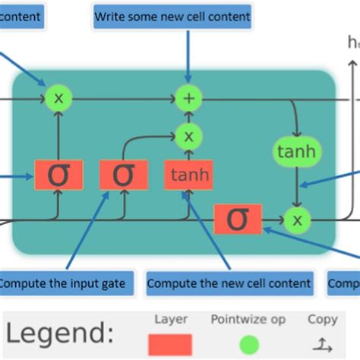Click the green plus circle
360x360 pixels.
tap(188, 98)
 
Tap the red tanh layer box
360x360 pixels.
tap(188, 175)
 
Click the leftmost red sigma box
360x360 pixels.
tap(57, 175)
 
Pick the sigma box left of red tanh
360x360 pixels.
tap(123, 175)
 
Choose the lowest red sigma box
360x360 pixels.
tap(238, 219)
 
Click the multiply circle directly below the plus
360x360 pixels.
tap(188, 137)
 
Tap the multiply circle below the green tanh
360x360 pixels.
tap(297, 220)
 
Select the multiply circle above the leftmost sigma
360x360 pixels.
tap(58, 97)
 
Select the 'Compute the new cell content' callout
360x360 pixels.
tap(229, 283)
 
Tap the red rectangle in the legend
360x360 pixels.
tap(170, 344)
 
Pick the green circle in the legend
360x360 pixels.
tap(248, 344)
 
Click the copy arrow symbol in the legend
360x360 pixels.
tap(323, 343)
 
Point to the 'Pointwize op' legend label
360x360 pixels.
tap(248, 320)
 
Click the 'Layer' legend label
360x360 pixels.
tap(170, 320)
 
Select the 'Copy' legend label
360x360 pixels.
tap(323, 320)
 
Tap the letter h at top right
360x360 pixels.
tap(352, 43)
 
